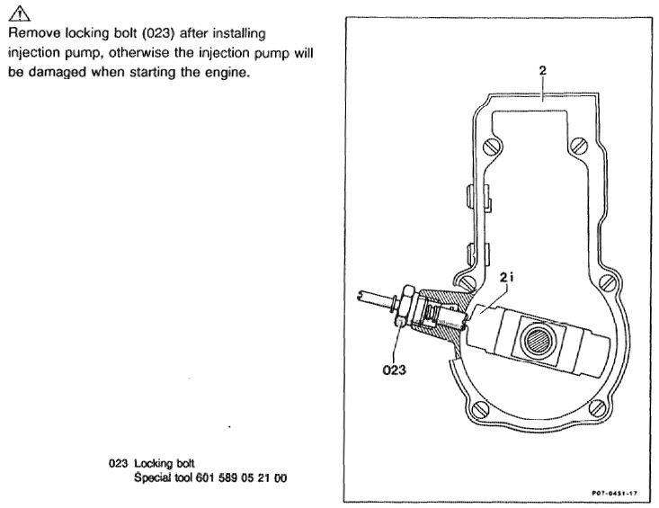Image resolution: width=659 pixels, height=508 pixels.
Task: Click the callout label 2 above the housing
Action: tap(542, 68)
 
